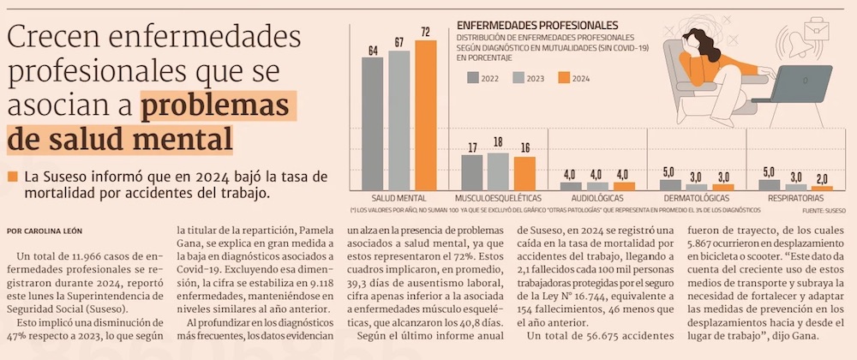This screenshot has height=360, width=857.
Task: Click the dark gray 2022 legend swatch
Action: click(x=474, y=78)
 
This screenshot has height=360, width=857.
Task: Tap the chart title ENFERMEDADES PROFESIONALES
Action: click(x=538, y=25)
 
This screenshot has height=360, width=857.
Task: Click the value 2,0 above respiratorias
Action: click(x=823, y=178)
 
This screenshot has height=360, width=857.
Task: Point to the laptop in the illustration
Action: click(x=794, y=82)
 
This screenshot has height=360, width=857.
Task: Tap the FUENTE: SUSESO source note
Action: click(x=824, y=209)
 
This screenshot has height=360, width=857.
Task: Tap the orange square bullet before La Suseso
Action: click(x=12, y=177)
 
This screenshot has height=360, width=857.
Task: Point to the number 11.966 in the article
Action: click(x=95, y=255)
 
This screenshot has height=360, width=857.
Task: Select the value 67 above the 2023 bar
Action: click(x=399, y=42)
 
